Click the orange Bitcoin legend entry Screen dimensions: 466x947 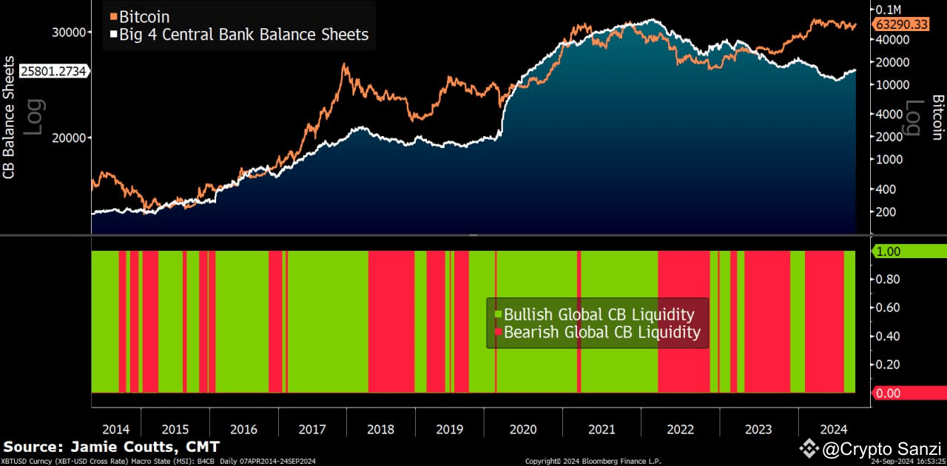pyautogui.click(x=139, y=16)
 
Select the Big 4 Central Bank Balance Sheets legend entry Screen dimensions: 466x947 pyautogui.click(x=238, y=34)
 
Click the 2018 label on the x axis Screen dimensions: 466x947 pyautogui.click(x=380, y=430)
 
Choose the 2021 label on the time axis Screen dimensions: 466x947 pyautogui.click(x=601, y=430)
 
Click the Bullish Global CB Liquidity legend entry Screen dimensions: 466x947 pyautogui.click(x=598, y=314)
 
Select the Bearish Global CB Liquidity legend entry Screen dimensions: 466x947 pyautogui.click(x=601, y=332)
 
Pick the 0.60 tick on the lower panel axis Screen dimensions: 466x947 pyautogui.click(x=888, y=308)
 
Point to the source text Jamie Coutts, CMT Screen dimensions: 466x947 pyautogui.click(x=111, y=448)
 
